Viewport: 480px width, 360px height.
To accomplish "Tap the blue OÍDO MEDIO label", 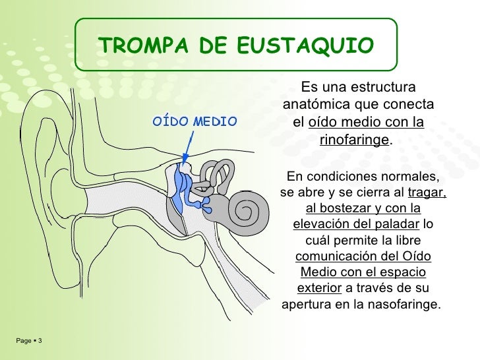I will click(x=195, y=121).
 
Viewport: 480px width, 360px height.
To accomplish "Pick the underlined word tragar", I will click(x=427, y=193).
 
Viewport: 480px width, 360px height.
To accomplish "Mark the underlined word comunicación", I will click(x=338, y=256).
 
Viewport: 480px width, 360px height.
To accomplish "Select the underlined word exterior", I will click(x=319, y=288).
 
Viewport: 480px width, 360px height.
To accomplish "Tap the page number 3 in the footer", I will click(x=41, y=341).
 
